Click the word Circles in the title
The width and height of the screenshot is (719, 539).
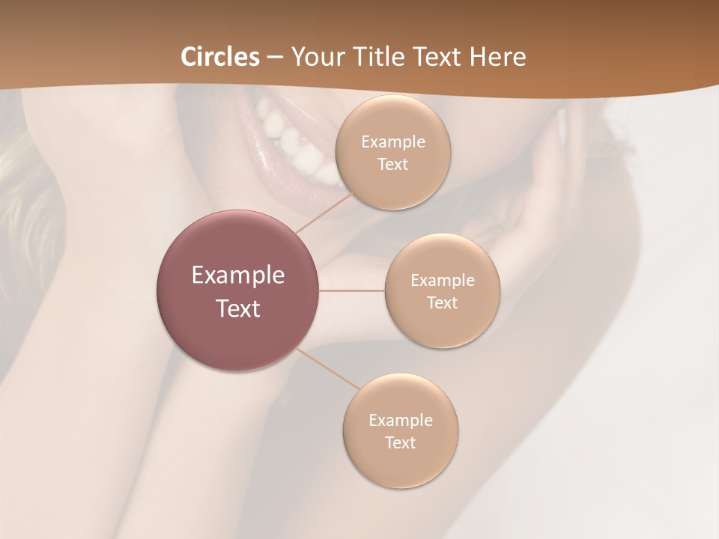tap(219, 57)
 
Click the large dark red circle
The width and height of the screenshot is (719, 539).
tap(238, 290)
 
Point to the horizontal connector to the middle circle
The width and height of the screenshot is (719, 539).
tap(352, 290)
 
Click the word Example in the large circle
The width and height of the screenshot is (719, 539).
tap(238, 275)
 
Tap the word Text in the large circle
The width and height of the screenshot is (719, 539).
tap(238, 308)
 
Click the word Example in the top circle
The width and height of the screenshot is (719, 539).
tap(392, 142)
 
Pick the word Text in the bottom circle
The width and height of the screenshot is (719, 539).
tap(400, 442)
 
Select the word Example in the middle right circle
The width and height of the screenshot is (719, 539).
tap(442, 281)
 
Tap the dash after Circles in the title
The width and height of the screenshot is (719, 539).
tap(274, 57)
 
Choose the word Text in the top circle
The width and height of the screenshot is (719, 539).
tap(392, 165)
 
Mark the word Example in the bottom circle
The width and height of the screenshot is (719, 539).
tap(400, 420)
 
